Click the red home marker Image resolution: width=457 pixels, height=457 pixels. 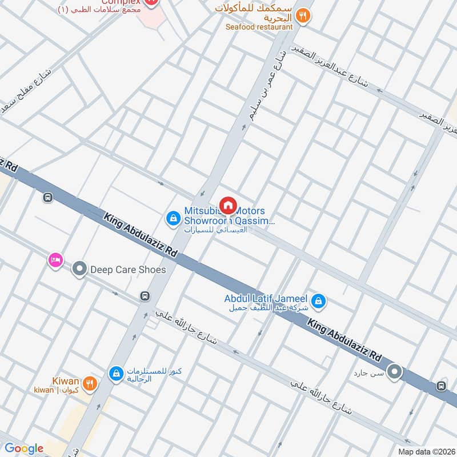[228, 205]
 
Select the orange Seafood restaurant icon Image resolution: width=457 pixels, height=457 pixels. [303, 16]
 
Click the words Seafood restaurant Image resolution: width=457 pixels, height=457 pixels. [259, 27]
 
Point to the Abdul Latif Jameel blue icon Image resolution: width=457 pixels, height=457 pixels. [319, 300]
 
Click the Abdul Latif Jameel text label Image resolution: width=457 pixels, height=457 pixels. [266, 299]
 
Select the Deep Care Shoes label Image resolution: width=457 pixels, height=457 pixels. [128, 270]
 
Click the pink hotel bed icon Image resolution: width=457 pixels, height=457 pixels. [55, 260]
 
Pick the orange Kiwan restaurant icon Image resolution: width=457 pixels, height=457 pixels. [89, 383]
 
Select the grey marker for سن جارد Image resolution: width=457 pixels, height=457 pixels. [394, 372]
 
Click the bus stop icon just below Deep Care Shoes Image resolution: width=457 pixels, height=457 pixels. [145, 296]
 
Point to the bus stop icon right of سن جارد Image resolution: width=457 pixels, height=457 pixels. [440, 386]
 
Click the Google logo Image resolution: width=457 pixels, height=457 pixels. [24, 448]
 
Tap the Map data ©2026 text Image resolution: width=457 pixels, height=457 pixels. [426, 451]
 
